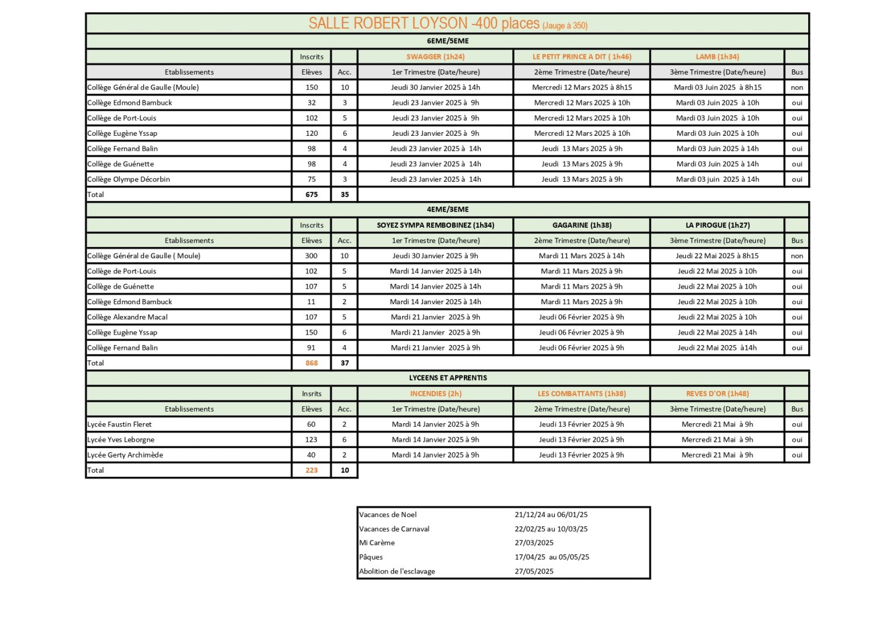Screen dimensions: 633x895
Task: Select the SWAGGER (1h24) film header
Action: pyautogui.click(x=435, y=57)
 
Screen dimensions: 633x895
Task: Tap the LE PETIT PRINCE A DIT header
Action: pyautogui.click(x=582, y=57)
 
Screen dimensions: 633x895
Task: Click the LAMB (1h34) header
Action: pyautogui.click(x=717, y=57)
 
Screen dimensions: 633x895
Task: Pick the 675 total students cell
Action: pyautogui.click(x=312, y=195)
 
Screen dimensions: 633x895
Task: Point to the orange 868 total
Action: pyautogui.click(x=312, y=363)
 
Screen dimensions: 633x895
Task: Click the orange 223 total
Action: pyautogui.click(x=312, y=470)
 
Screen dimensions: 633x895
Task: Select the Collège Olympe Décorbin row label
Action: pyautogui.click(x=129, y=180)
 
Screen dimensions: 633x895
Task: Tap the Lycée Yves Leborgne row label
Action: pyautogui.click(x=121, y=439)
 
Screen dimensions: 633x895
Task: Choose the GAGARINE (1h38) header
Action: pyautogui.click(x=582, y=225)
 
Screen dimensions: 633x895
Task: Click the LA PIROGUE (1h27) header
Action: pyautogui.click(x=717, y=225)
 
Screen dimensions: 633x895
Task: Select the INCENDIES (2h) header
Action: pyautogui.click(x=435, y=393)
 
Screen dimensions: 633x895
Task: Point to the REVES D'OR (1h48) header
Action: pyautogui.click(x=717, y=393)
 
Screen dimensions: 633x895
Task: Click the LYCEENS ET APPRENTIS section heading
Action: pyautogui.click(x=447, y=378)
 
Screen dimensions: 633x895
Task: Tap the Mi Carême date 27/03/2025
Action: pyautogui.click(x=534, y=543)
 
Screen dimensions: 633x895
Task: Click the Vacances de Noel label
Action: pyautogui.click(x=388, y=515)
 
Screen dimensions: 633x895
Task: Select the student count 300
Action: pyautogui.click(x=311, y=256)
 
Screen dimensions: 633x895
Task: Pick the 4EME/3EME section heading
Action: pyautogui.click(x=447, y=209)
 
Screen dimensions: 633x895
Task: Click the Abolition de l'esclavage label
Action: pyautogui.click(x=397, y=571)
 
